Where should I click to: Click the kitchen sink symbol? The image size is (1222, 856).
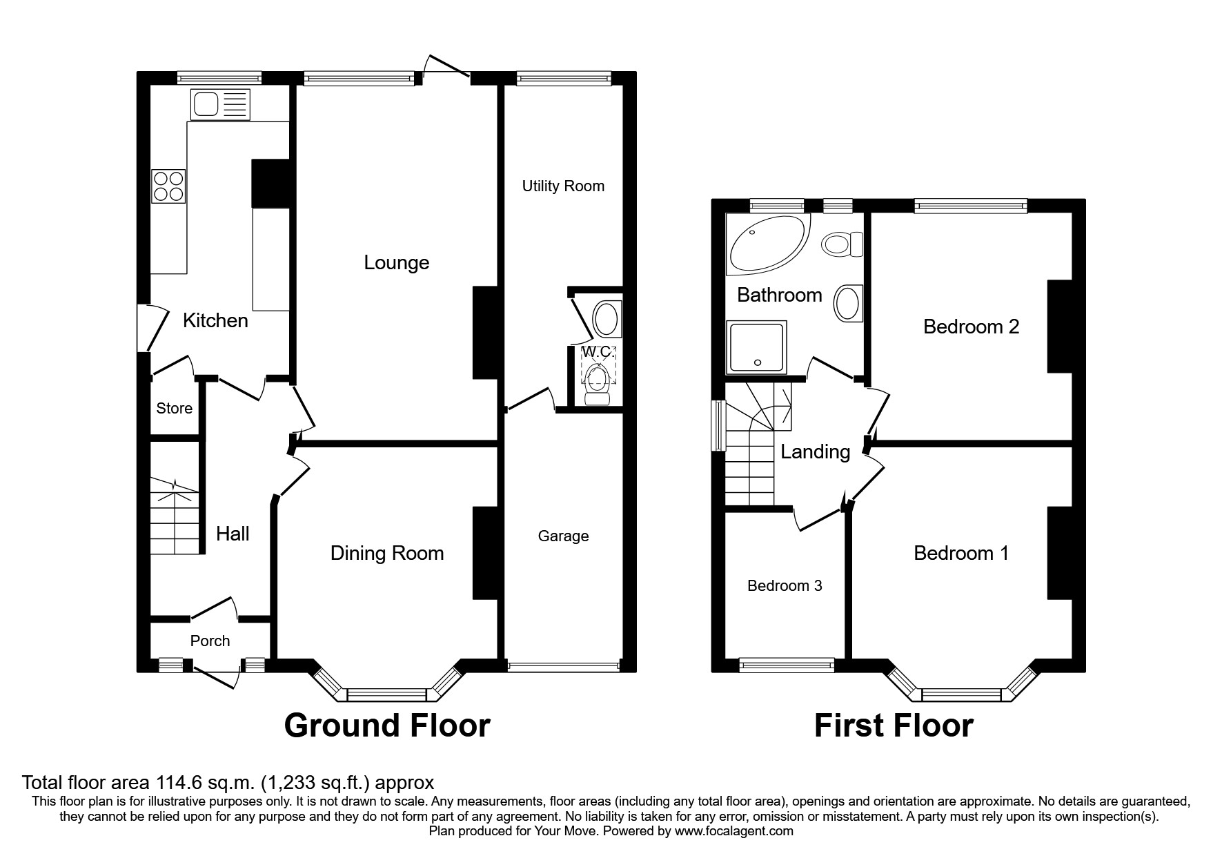pos(220,105)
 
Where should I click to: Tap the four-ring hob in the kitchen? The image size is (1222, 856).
pos(169,186)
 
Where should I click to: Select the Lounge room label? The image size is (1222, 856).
pos(396,262)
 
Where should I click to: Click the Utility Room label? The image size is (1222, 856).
pos(563,186)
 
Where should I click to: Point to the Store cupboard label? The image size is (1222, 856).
pos(174,408)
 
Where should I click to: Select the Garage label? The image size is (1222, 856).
pos(563,536)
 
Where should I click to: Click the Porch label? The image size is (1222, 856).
pos(210,641)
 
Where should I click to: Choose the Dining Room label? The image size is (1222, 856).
pos(386,553)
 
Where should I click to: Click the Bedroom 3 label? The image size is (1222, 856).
pos(785,585)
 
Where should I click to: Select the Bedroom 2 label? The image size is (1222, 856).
pos(971,326)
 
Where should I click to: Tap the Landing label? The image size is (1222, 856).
pos(815,451)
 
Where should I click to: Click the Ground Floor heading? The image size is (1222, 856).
pos(386,726)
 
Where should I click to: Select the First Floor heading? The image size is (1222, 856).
pos(894,726)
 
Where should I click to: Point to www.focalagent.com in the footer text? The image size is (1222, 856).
pos(733,831)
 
